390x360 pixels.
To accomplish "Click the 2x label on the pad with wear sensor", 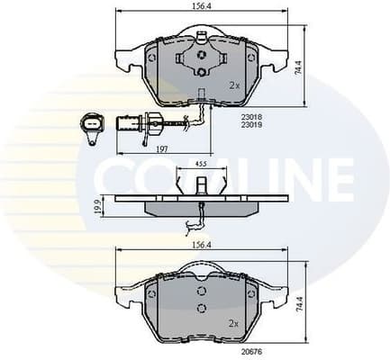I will (x=234, y=85).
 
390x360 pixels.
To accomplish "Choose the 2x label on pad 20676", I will (x=234, y=322).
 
